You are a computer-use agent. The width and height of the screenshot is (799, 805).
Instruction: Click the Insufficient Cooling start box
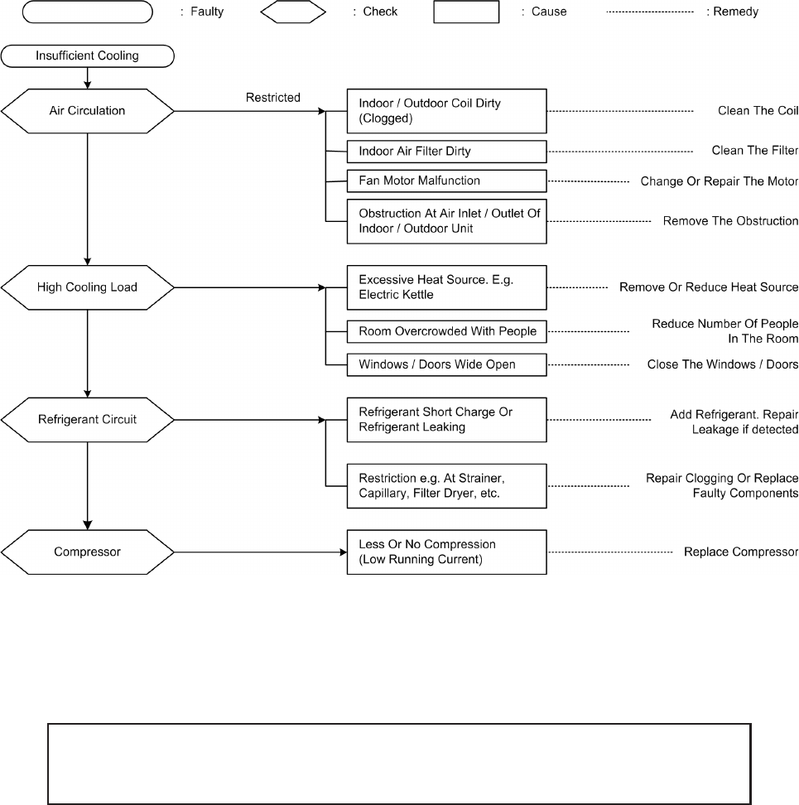(x=87, y=56)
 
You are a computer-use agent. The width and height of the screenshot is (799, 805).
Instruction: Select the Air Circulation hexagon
(x=87, y=111)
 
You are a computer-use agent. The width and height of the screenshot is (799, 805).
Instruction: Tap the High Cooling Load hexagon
(x=87, y=287)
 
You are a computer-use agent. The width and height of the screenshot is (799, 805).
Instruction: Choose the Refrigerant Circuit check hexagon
(x=87, y=419)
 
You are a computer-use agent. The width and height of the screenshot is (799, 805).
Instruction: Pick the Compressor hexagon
(x=87, y=552)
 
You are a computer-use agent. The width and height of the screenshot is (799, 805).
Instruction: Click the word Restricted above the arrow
(x=272, y=98)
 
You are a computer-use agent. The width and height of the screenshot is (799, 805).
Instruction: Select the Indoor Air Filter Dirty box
(x=446, y=152)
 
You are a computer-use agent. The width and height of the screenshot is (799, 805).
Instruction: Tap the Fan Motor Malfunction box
(x=446, y=181)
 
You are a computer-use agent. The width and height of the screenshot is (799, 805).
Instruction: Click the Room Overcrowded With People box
(x=446, y=331)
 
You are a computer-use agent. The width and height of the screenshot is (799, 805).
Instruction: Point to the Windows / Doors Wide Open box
(x=446, y=364)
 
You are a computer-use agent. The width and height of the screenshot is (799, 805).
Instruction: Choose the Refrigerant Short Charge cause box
(x=446, y=420)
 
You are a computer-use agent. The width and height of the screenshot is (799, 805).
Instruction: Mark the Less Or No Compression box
(x=446, y=552)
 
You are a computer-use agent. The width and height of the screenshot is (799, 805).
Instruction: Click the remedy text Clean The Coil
(x=758, y=111)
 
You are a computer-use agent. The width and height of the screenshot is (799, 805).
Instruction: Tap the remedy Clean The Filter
(x=754, y=151)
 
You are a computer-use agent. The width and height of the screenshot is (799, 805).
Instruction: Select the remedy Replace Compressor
(x=741, y=552)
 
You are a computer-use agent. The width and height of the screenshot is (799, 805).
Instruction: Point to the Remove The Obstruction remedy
(x=730, y=221)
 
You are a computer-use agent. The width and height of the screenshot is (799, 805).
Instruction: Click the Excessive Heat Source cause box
(x=446, y=287)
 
